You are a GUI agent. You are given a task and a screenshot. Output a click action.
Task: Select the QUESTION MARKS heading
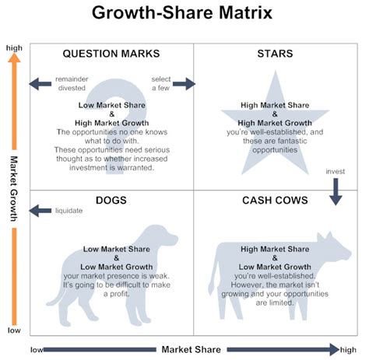point(111,54)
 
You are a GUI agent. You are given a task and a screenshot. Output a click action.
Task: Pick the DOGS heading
point(111,200)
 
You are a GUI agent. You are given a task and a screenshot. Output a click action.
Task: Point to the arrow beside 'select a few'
point(184,84)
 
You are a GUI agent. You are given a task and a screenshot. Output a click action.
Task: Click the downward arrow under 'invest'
point(336,190)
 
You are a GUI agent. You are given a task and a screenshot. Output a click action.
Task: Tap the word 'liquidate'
point(69,209)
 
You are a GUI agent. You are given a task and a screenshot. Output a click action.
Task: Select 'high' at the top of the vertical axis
point(14,48)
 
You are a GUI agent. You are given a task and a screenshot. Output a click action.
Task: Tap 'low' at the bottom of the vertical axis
point(14,330)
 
